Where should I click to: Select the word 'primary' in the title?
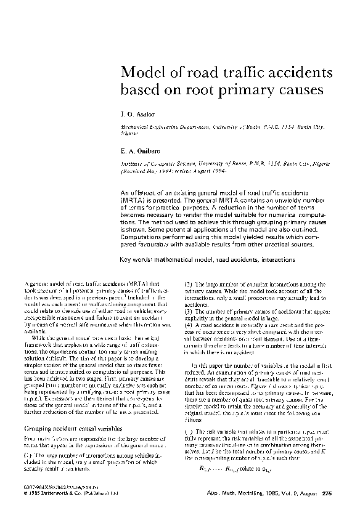point(247,89)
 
